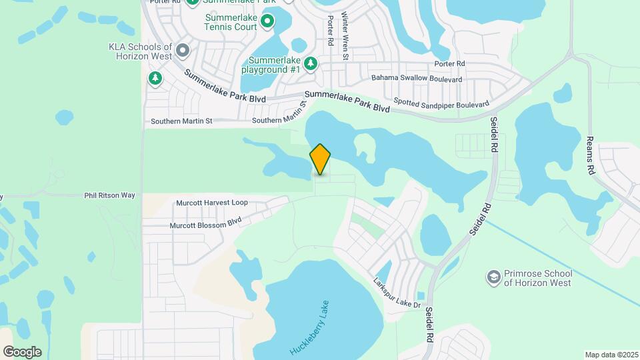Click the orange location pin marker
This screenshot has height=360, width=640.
pos(321,160)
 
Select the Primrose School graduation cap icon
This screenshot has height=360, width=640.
pos(493,277)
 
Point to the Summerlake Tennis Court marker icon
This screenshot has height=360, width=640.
pos(267,21)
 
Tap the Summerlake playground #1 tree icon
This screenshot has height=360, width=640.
pos(310,63)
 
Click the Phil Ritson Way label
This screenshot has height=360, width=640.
pos(109,195)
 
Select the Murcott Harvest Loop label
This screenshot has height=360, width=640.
pos(211,203)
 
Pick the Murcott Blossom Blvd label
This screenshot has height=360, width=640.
pos(205,225)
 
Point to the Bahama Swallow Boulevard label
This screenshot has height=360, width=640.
pos(417,79)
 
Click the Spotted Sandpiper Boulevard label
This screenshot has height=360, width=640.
pos(441,103)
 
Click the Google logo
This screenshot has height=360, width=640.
pos(22,352)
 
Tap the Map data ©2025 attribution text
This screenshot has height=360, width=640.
pos(611,355)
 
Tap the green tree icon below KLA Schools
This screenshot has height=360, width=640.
pos(155,79)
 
